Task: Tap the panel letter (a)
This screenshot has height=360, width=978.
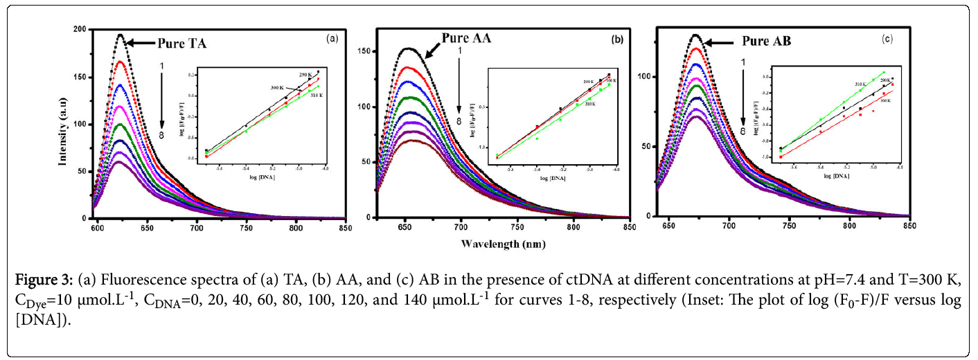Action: (x=332, y=39)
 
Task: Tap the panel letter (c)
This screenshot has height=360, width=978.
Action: (x=887, y=39)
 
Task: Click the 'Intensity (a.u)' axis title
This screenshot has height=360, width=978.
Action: (x=63, y=124)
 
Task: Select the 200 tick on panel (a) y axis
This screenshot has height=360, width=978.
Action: (x=80, y=30)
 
